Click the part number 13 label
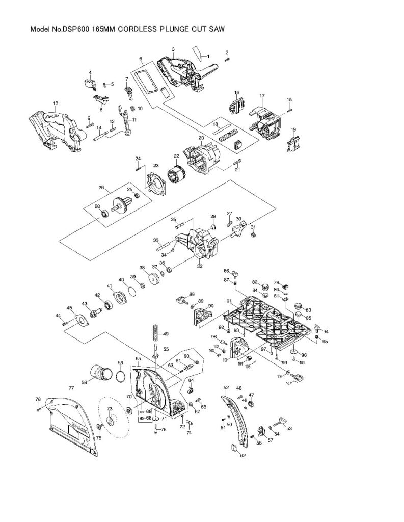56,103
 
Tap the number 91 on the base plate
229,301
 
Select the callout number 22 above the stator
176,156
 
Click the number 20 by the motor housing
201,138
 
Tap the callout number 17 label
261,96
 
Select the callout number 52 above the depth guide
226,388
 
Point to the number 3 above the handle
173,49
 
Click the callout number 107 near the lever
289,383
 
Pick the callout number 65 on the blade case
138,359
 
